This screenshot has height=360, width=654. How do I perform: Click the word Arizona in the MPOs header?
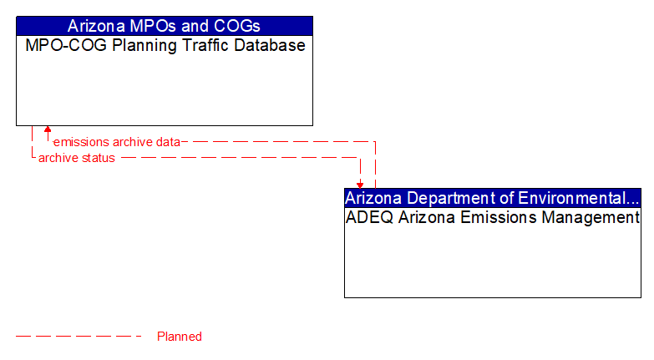[x=95, y=25]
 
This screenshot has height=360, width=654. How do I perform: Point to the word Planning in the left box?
[x=135, y=46]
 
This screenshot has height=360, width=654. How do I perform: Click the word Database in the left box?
[x=268, y=46]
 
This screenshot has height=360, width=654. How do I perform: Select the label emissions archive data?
[x=116, y=142]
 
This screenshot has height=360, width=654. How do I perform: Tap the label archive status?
[x=76, y=158]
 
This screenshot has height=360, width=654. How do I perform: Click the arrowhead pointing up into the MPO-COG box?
[x=48, y=129]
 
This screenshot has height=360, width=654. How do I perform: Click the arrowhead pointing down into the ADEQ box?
[x=360, y=185]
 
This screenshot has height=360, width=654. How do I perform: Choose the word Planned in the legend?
[x=180, y=337]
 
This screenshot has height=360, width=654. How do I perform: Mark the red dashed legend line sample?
[x=79, y=337]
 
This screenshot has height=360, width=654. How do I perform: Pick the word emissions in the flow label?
[x=81, y=142]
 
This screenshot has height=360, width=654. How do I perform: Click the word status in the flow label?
[x=99, y=158]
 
